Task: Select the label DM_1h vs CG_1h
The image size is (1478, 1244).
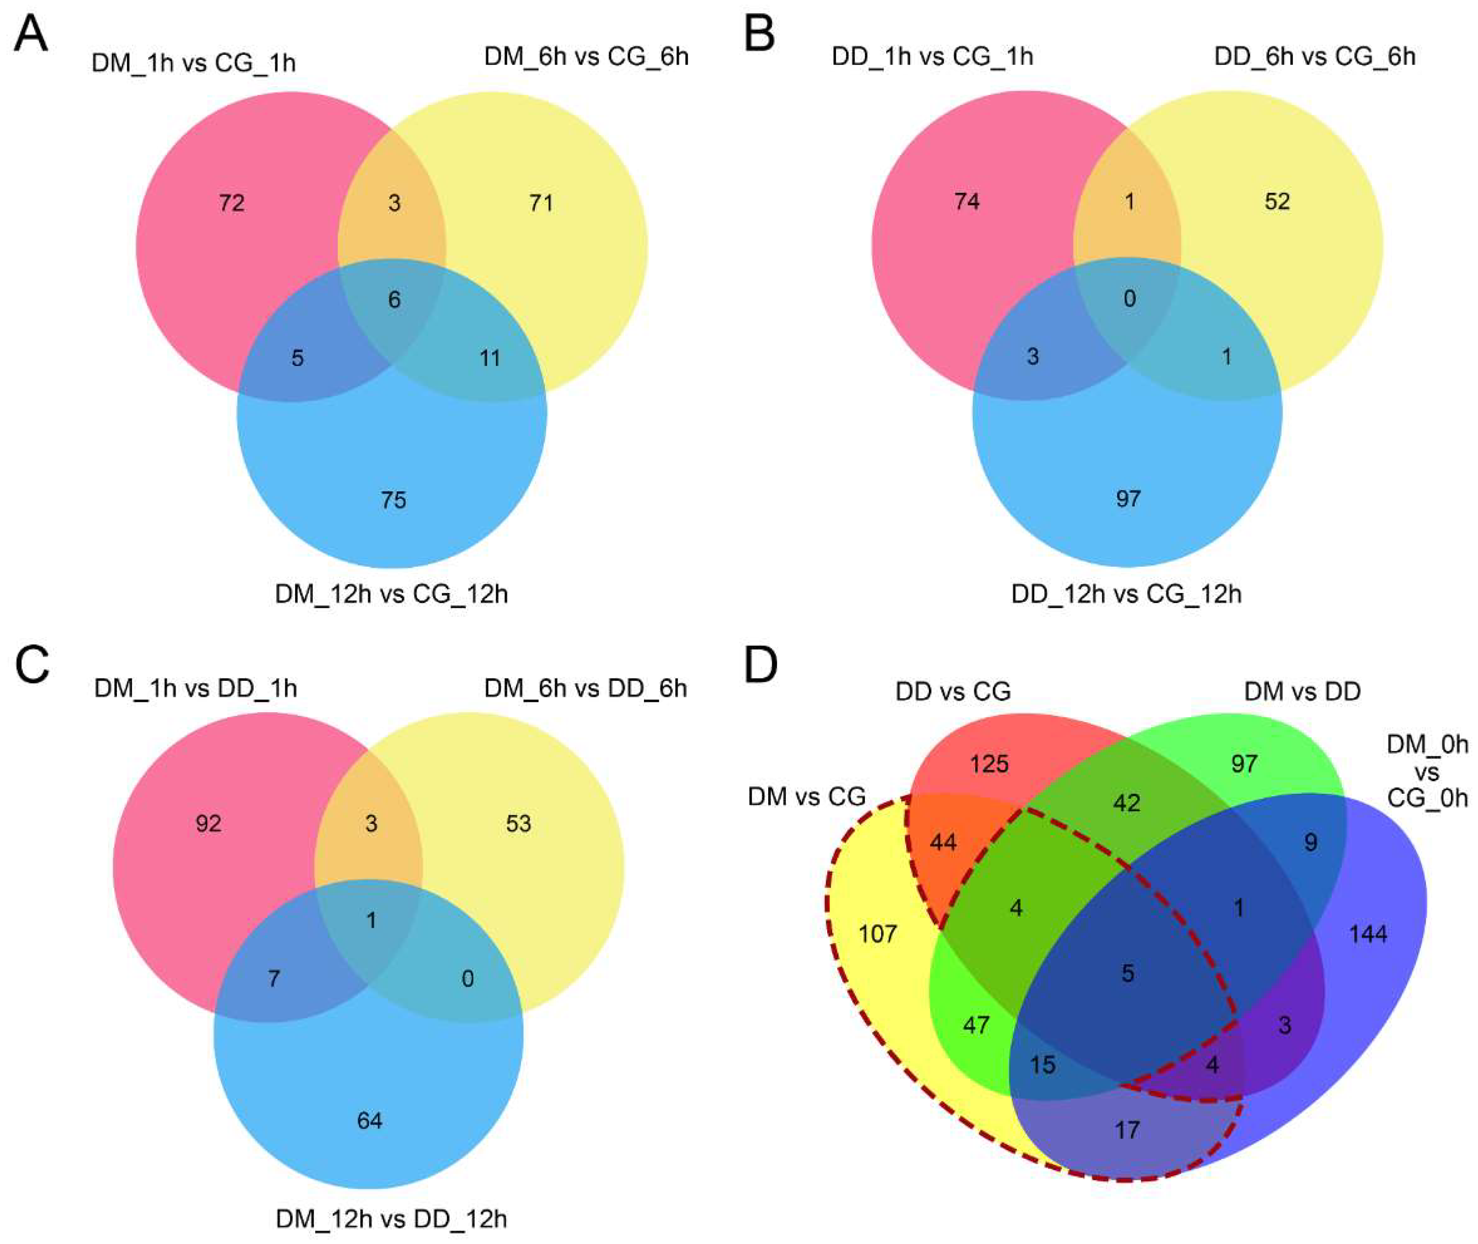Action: coord(193,64)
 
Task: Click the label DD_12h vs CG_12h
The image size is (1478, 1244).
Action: coord(1126,594)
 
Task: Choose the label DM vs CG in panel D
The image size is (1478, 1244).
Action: coord(806,797)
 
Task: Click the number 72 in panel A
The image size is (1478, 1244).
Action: coord(231,203)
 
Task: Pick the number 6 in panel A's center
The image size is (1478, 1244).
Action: coord(394,300)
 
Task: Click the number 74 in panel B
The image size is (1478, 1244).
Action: coord(967,202)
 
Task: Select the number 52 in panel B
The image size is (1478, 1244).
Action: coord(1277,202)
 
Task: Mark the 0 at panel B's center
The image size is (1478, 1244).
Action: coord(1130,299)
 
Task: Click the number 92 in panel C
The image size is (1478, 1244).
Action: coord(208,824)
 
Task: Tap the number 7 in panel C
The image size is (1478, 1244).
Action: coord(273,978)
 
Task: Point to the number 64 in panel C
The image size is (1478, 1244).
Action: coord(370,1121)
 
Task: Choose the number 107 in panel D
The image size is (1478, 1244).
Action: coord(878,935)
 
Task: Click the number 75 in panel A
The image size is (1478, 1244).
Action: coord(394,500)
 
